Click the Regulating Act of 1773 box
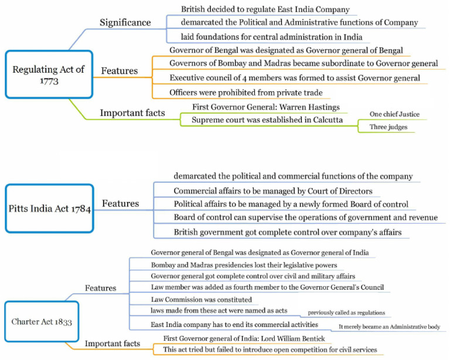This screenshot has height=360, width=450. tap(49, 74)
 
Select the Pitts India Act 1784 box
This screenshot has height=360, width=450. tap(49, 208)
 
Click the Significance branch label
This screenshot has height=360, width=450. tap(125, 22)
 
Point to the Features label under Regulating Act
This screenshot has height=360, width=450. tap(120, 71)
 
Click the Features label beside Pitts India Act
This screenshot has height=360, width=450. tap(121, 204)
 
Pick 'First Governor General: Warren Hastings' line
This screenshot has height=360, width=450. tap(266, 108)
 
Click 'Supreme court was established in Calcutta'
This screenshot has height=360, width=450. tap(267, 120)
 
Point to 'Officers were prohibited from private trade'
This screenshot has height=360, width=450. tap(246, 92)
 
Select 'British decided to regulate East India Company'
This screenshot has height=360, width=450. tap(265, 9)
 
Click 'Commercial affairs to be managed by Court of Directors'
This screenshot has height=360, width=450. tap(272, 191)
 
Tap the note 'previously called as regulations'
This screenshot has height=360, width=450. tap(343, 313)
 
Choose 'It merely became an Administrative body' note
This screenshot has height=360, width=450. tap(389, 327)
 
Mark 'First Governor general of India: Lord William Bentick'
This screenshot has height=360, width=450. tap(245, 339)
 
